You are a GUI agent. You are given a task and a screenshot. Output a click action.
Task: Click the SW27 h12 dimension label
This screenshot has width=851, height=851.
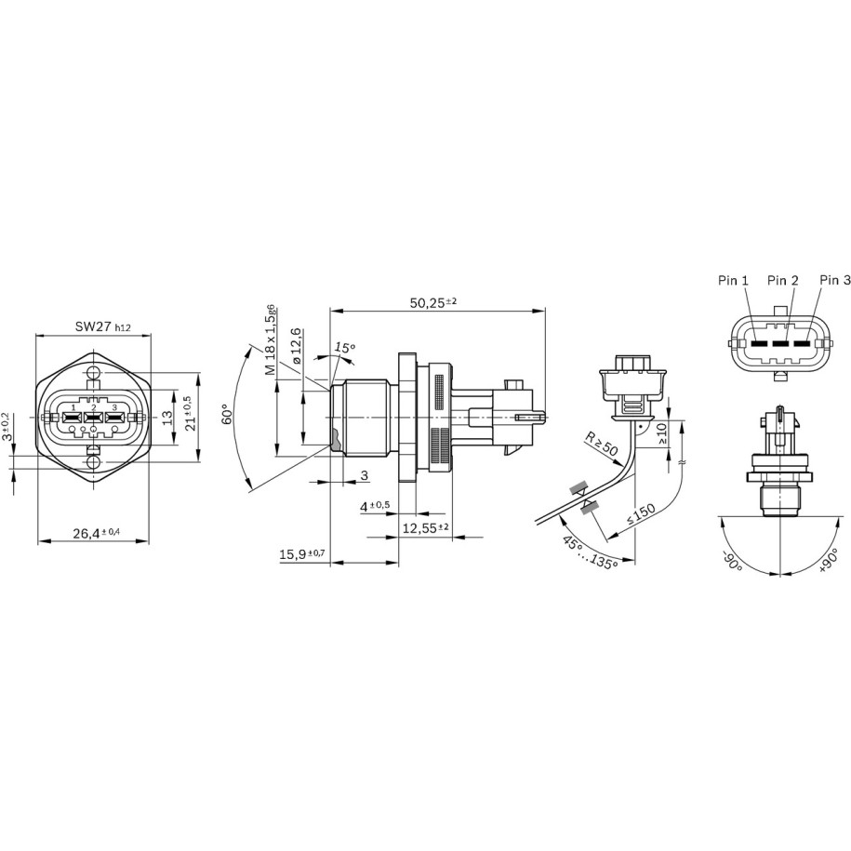[x=103, y=326]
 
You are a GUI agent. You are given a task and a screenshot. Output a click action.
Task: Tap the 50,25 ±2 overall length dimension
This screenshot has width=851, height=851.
[x=433, y=302]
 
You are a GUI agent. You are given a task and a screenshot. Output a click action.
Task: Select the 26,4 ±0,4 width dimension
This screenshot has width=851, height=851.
[x=97, y=533]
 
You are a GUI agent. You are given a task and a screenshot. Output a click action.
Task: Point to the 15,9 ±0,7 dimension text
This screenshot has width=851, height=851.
[x=301, y=554]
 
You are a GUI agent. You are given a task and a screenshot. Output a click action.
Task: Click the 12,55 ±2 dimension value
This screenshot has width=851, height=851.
[x=425, y=527]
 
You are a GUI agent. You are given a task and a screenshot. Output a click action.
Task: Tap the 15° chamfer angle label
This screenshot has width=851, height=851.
[x=344, y=347]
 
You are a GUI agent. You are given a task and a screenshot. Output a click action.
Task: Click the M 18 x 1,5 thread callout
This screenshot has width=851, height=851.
[x=270, y=339]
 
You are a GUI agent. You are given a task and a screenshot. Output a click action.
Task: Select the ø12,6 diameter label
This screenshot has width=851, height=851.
[x=296, y=346]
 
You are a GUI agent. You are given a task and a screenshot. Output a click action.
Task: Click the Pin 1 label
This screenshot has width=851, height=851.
[x=733, y=280]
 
